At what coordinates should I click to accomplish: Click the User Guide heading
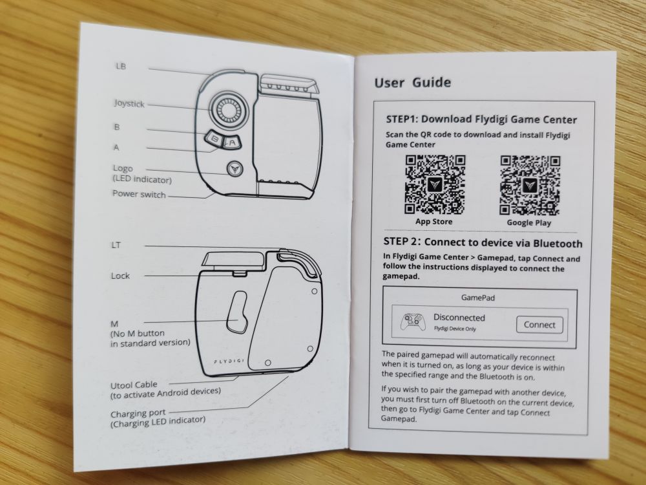pos(412,83)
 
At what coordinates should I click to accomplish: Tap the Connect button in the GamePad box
pos(539,325)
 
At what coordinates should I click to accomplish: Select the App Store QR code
pos(435,184)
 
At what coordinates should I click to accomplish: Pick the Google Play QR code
pos(530,186)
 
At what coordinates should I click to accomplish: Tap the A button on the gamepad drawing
pos(233,142)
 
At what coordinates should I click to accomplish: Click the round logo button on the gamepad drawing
pos(235,168)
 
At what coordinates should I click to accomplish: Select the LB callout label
pos(121,66)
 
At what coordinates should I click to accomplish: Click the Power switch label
pos(139,194)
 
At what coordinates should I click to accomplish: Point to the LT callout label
pos(116,245)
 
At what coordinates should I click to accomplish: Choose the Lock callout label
pos(120,275)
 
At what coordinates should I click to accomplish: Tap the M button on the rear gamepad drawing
pos(236,312)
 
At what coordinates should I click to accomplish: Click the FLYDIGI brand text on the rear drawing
pos(229,361)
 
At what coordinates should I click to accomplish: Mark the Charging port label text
pos(138,413)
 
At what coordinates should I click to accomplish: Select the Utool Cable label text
pos(134,385)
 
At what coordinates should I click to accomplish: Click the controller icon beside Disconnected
pos(413,322)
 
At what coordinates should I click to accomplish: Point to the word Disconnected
pos(459,318)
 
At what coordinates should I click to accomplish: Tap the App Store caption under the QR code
pos(434,221)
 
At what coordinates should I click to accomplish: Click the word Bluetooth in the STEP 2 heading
pos(558,244)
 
